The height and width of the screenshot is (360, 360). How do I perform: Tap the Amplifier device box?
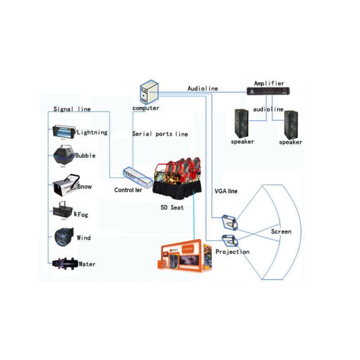(269, 91)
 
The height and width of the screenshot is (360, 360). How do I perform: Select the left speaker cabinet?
(243, 124)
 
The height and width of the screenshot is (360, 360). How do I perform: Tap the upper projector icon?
(230, 222)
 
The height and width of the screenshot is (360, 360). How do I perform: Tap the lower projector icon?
(229, 241)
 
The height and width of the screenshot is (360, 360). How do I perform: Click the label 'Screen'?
(281, 231)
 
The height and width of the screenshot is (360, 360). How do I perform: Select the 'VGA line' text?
(226, 191)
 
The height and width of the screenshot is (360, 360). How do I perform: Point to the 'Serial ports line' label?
(160, 134)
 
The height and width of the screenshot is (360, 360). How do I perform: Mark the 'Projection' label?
(232, 252)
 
